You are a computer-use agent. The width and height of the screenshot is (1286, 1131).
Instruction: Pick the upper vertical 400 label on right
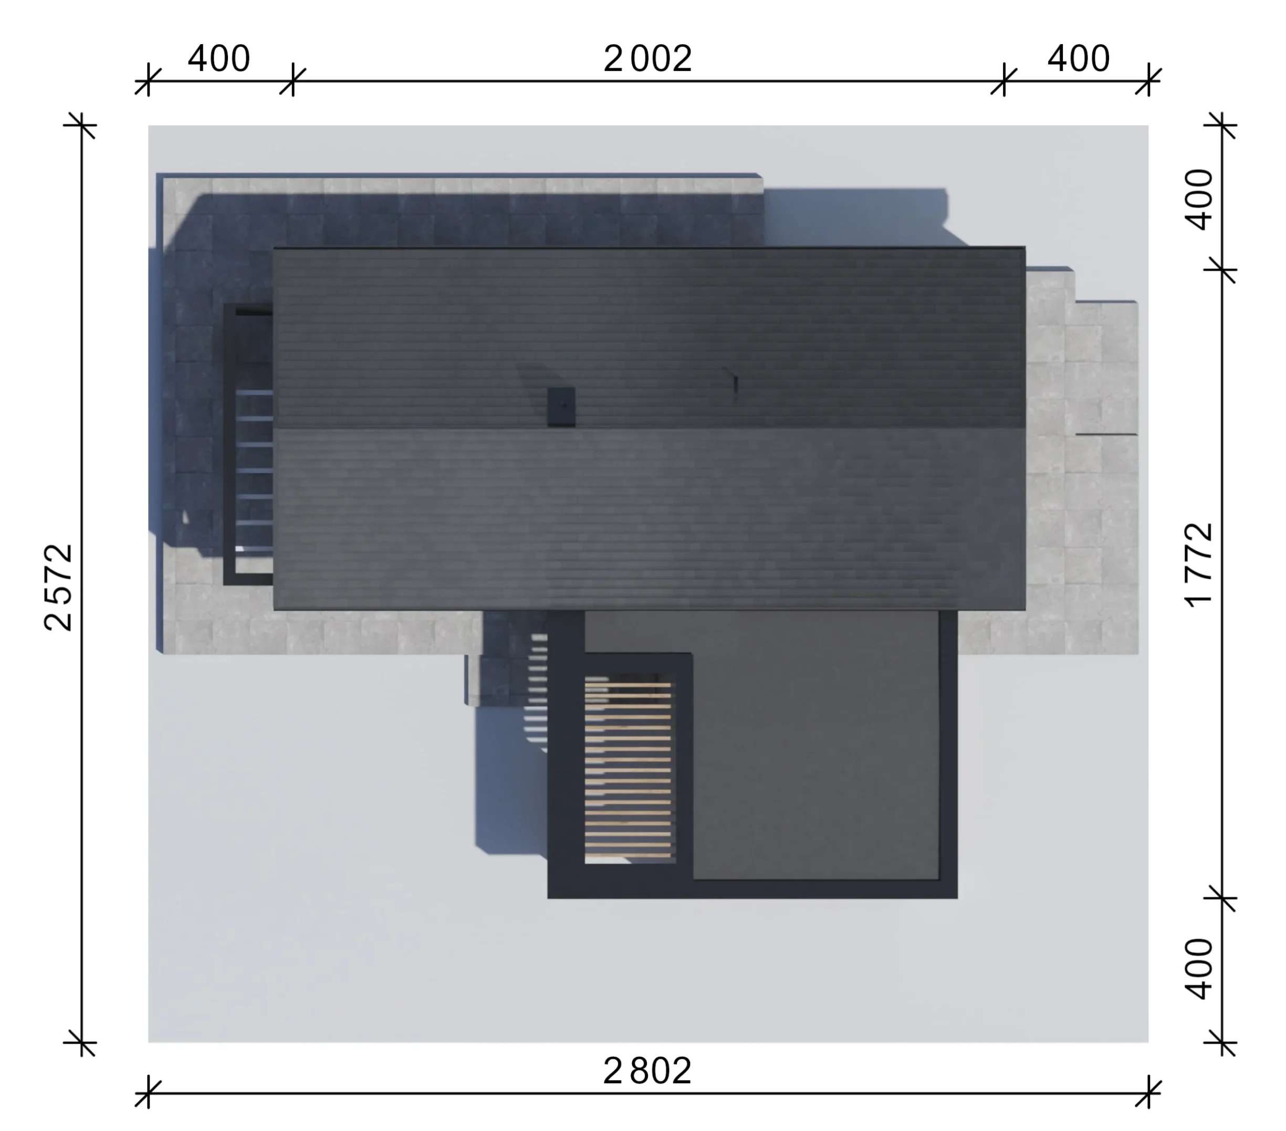point(1198,200)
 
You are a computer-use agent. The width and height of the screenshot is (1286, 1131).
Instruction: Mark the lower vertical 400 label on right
point(1198,969)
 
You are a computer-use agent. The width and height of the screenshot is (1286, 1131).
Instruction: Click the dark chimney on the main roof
point(561,407)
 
